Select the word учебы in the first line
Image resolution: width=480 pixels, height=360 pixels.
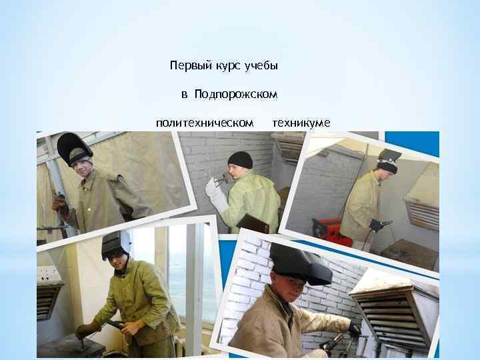(x=261, y=66)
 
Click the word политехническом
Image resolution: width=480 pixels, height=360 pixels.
(x=205, y=123)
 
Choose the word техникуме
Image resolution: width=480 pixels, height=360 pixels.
(x=301, y=123)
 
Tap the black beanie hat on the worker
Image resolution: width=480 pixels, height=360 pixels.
(x=241, y=159)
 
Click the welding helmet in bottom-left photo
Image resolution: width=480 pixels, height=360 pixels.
(x=115, y=245)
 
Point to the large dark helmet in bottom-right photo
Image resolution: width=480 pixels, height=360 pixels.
(x=299, y=263)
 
